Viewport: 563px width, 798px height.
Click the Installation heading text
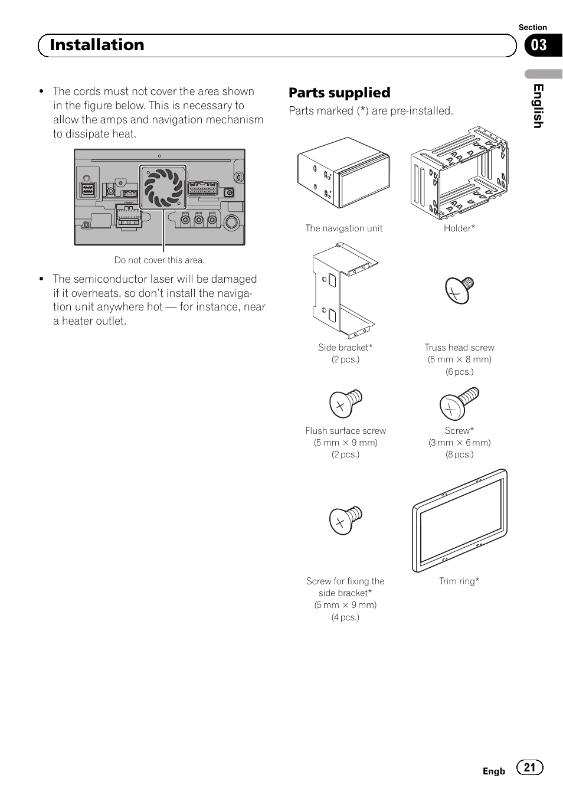(x=97, y=45)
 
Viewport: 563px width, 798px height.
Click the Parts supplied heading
(x=339, y=93)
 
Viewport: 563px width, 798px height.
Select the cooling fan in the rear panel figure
(x=163, y=187)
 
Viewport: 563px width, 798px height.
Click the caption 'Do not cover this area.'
(x=159, y=260)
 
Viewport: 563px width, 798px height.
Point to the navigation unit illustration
(x=343, y=173)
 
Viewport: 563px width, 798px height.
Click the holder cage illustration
(x=459, y=173)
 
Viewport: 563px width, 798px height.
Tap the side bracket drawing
(x=345, y=291)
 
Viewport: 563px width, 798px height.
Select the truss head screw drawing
(x=459, y=290)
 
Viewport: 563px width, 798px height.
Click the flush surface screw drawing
(x=346, y=404)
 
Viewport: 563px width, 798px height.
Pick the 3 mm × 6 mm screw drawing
(x=459, y=404)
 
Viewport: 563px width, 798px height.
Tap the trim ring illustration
(x=460, y=521)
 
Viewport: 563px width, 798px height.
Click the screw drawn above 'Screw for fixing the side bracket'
(x=346, y=520)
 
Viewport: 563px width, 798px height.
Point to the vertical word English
(x=538, y=106)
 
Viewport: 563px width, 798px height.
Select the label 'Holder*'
(x=459, y=228)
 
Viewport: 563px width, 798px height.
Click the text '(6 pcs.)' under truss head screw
(x=459, y=372)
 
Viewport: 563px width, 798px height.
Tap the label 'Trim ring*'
(x=459, y=581)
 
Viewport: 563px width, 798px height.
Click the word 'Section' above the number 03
(x=533, y=27)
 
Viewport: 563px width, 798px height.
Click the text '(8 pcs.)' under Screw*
(x=459, y=454)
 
